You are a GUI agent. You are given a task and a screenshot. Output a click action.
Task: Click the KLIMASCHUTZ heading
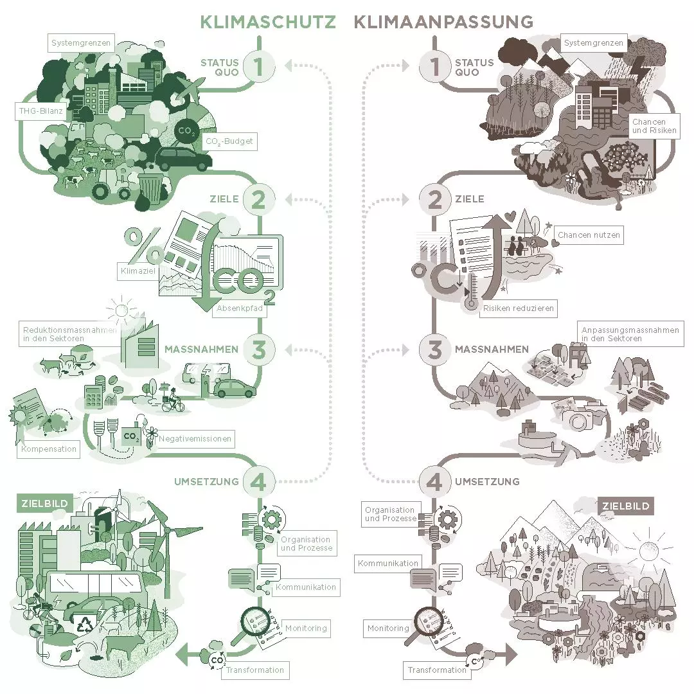pyautogui.click(x=268, y=22)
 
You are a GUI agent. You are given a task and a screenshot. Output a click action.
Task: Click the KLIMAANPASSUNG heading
pyautogui.click(x=443, y=22)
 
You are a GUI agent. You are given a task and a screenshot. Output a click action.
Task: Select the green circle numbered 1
pyautogui.click(x=258, y=66)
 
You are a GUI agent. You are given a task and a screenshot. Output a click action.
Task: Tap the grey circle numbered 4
pyautogui.click(x=434, y=481)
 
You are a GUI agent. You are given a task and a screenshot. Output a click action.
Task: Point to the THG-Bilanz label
pyautogui.click(x=40, y=111)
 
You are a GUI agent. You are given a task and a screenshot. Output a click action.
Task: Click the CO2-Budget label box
pyautogui.click(x=229, y=141)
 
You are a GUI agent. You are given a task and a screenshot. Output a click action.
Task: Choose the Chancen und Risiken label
pyautogui.click(x=654, y=126)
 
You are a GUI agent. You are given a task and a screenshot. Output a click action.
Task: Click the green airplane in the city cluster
pyautogui.click(x=189, y=90)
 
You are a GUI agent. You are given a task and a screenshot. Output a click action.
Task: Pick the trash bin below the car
pyautogui.click(x=150, y=188)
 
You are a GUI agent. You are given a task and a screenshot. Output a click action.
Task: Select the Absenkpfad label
pyautogui.click(x=240, y=308)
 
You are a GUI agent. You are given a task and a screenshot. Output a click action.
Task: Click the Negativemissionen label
pyautogui.click(x=195, y=439)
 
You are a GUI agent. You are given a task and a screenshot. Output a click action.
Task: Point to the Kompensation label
pyautogui.click(x=49, y=449)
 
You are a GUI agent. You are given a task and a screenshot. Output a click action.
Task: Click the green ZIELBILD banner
pyautogui.click(x=45, y=503)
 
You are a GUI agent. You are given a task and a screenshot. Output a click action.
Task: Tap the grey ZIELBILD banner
pyautogui.click(x=626, y=506)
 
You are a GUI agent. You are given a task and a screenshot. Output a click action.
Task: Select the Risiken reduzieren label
pyautogui.click(x=519, y=308)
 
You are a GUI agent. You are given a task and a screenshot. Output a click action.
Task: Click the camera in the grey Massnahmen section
pyautogui.click(x=578, y=418)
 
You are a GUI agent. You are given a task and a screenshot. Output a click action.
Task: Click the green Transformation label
pyautogui.click(x=255, y=670)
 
